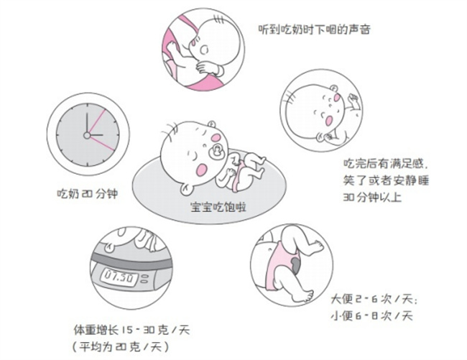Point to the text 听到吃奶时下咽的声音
pos(316,30)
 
